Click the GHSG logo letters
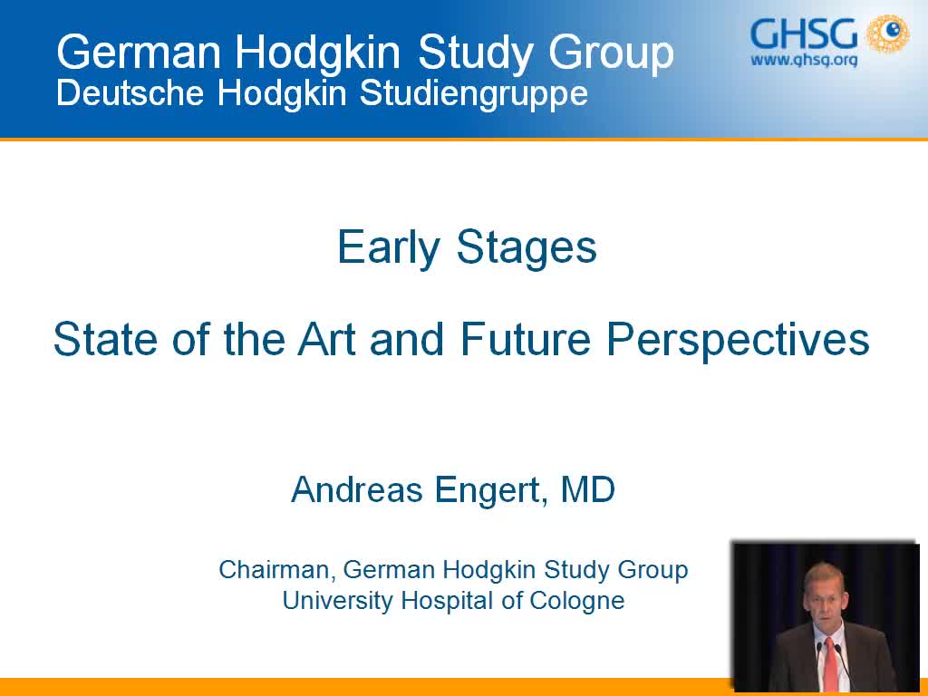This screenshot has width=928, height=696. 802,34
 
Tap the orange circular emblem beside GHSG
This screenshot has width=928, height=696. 887,34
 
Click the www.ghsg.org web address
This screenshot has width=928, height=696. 803,61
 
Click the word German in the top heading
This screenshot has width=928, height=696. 136,53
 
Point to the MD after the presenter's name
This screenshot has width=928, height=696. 587,490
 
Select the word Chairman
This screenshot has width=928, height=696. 277,570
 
